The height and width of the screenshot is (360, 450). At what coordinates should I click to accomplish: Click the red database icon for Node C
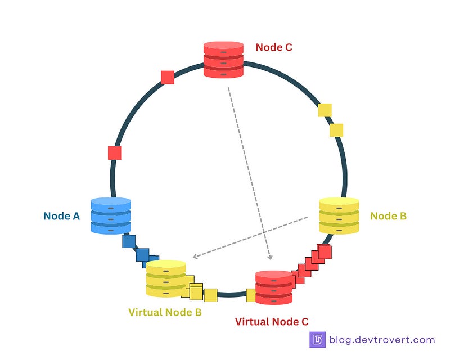[223, 59]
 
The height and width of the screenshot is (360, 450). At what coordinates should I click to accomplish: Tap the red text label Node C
[274, 47]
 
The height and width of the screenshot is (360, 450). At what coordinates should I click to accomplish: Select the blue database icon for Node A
[110, 215]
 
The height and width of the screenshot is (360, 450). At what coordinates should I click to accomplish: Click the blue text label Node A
[62, 215]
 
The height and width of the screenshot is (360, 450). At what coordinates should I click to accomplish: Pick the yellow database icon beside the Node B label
[339, 215]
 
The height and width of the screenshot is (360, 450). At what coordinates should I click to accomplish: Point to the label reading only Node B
[388, 215]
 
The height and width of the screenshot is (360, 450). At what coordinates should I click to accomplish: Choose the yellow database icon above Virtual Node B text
[165, 278]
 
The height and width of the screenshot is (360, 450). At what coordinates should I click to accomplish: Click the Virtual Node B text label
[165, 312]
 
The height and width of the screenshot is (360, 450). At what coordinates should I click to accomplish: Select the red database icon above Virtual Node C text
[274, 287]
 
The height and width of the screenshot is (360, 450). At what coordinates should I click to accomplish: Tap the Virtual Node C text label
[272, 322]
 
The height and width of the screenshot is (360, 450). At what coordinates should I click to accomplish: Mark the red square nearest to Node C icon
[167, 78]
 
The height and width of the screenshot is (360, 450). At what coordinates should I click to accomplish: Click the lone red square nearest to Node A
[114, 152]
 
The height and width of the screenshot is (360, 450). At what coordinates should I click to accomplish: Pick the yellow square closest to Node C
[325, 110]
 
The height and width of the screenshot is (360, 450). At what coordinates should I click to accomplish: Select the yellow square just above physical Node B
[336, 130]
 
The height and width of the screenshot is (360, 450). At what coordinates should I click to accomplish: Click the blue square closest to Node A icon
[129, 242]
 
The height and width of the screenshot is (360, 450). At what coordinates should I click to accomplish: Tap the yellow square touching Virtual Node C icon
[251, 295]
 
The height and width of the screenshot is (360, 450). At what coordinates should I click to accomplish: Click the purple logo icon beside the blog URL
[318, 340]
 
